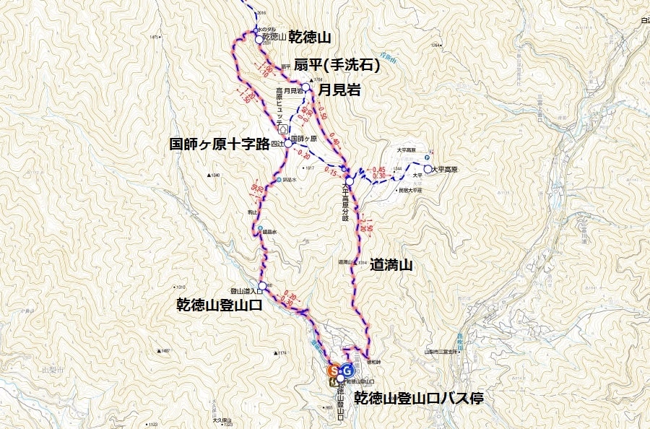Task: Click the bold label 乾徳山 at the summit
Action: [x=310, y=36]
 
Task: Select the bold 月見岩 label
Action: [x=339, y=90]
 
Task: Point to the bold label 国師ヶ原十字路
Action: [x=225, y=144]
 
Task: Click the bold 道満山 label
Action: [x=391, y=266]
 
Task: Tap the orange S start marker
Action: [x=333, y=370]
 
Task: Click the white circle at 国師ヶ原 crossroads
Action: [x=287, y=144]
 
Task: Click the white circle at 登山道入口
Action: [x=261, y=285]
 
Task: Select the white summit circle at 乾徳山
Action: [x=259, y=39]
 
